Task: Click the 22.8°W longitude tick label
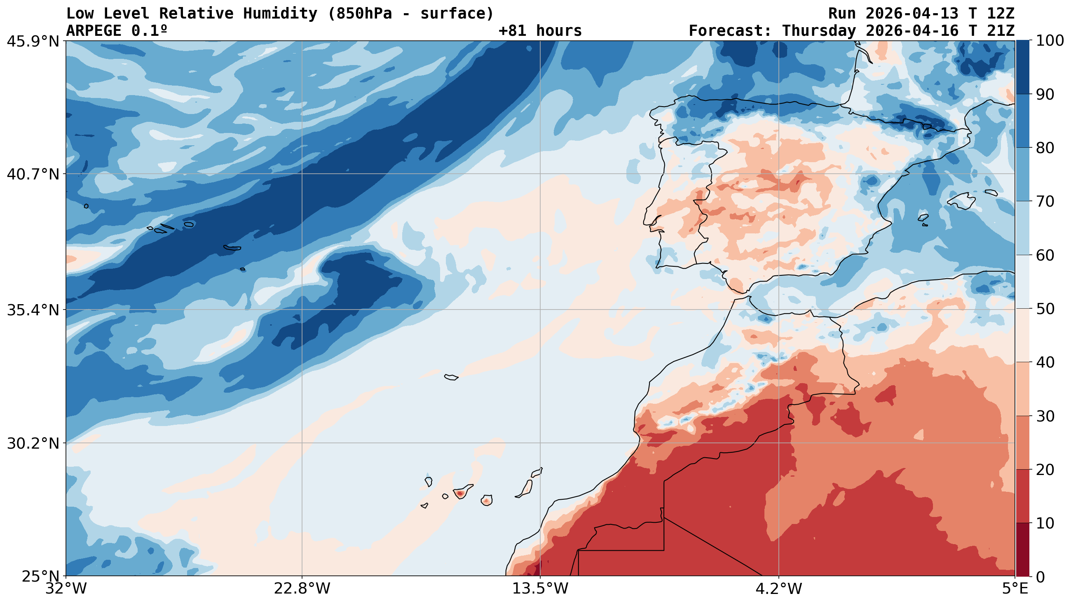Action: coord(302,589)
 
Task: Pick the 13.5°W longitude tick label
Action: coord(540,589)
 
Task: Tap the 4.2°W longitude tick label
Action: coord(778,589)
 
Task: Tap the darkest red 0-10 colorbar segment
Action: coord(1023,549)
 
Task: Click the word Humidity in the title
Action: coord(280,14)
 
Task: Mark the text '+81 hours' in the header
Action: coord(540,31)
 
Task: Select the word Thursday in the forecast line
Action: coord(819,31)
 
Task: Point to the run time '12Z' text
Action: coord(1000,14)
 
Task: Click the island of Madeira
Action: coord(451,377)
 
